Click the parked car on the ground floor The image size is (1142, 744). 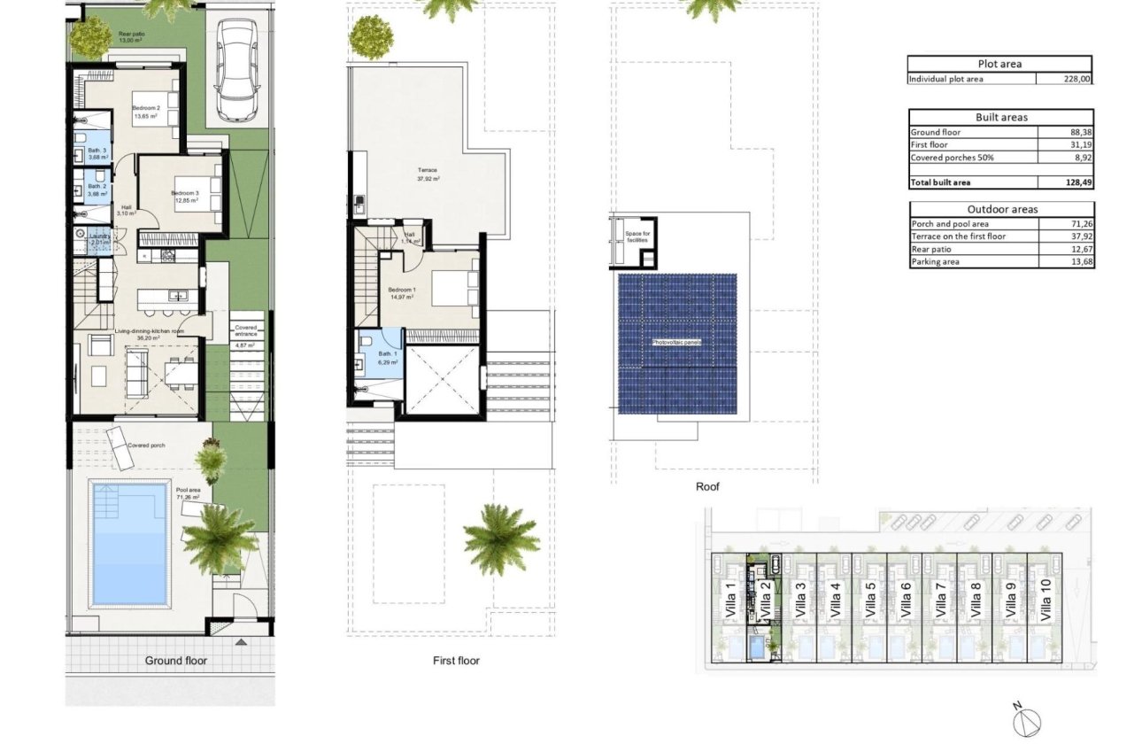(236, 71)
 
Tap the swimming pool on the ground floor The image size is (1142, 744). (130, 544)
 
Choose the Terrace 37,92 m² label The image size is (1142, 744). (428, 174)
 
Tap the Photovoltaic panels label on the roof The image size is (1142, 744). (677, 341)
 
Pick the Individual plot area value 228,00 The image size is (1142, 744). (1076, 79)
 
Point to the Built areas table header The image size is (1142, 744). (1000, 117)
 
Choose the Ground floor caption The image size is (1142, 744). (175, 660)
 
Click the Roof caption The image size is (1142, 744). (707, 486)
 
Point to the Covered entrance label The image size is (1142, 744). (245, 333)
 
